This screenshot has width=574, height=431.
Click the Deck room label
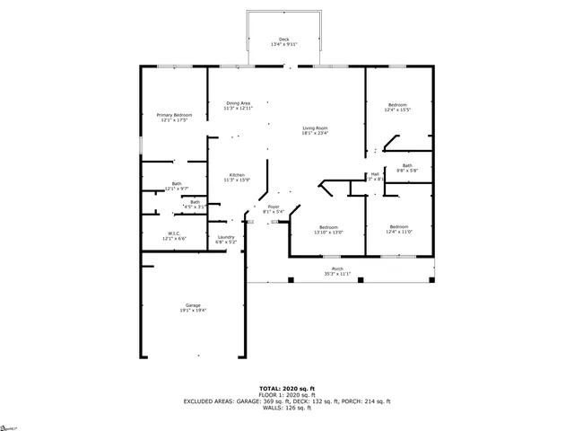(x=283, y=39)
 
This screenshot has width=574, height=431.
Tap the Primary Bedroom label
(x=175, y=115)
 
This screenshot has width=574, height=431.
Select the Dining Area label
(x=239, y=103)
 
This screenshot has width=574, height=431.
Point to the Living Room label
(x=315, y=128)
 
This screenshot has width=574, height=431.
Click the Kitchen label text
(x=237, y=174)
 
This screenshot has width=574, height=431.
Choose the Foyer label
(x=273, y=207)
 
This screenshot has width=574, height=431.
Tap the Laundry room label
(x=226, y=237)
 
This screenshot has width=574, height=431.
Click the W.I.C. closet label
(x=174, y=233)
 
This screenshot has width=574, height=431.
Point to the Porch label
(x=337, y=268)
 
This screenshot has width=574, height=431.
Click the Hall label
(x=375, y=174)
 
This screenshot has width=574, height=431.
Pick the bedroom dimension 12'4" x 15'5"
(x=397, y=110)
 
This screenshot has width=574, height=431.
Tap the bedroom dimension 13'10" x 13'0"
(x=328, y=232)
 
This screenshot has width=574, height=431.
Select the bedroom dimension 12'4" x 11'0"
(x=399, y=232)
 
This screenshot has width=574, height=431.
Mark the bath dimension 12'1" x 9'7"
(x=177, y=189)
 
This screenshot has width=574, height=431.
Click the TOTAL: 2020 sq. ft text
(x=286, y=389)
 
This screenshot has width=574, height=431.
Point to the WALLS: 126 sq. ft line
(x=286, y=408)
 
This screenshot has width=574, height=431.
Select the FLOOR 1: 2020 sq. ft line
(x=286, y=395)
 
